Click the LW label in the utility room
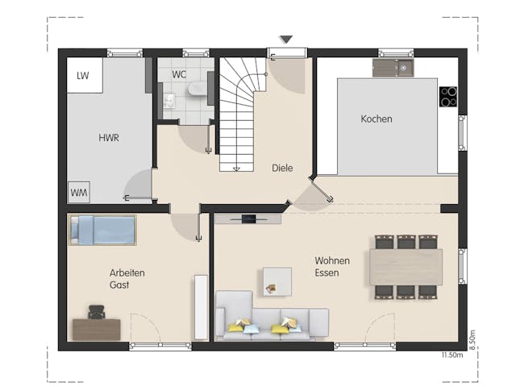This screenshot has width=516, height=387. click(81, 76)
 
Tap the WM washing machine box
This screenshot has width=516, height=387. click(79, 193)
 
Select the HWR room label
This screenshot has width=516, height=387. click(109, 138)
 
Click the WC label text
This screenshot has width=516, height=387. click(179, 74)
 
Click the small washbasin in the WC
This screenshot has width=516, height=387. click(169, 102)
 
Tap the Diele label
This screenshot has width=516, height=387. click(282, 168)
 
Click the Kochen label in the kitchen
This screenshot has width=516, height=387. click(377, 119)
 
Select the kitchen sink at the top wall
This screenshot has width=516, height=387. click(393, 69)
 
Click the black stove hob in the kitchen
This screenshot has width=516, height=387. click(447, 97)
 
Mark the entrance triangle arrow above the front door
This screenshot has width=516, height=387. click(286, 39)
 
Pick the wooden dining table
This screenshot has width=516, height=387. click(406, 267)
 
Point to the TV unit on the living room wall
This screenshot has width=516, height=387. click(248, 218)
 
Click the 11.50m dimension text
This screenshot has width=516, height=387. click(451, 355)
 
